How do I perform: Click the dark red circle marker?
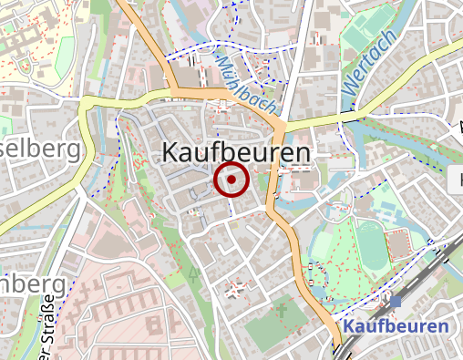coord(231,180)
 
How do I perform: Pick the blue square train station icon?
coord(395,303)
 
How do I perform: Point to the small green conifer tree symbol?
coord(192,273)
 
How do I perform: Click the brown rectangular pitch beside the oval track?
coord(398,244)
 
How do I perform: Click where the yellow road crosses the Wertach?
coord(349,117)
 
